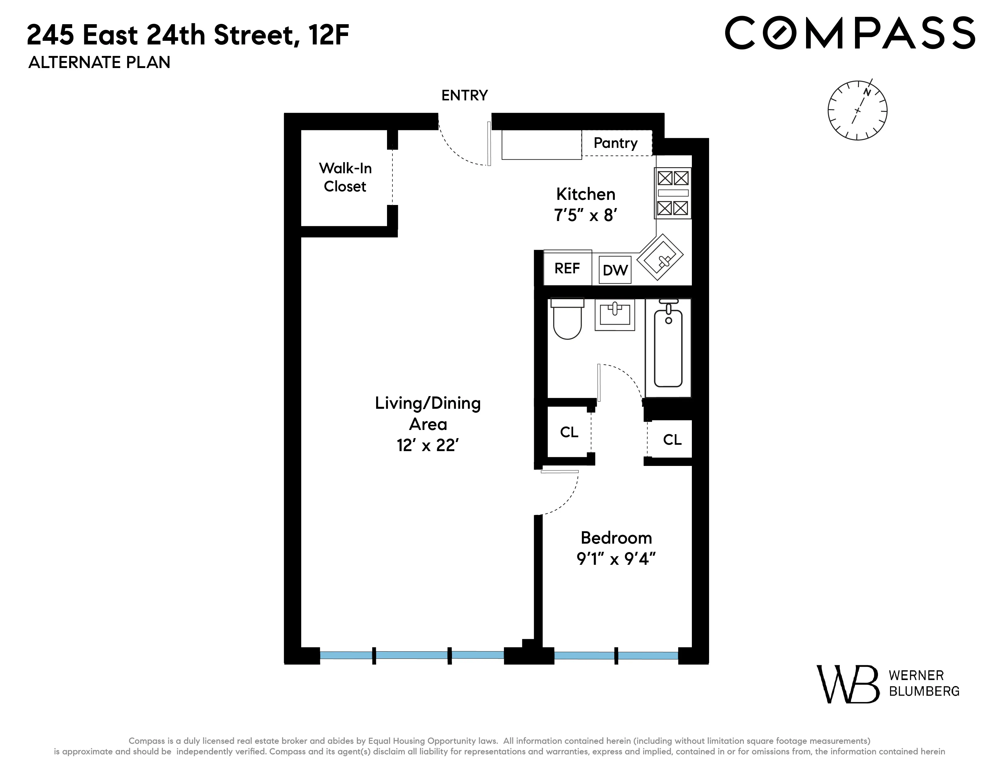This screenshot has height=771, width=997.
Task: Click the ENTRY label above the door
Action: [x=464, y=96]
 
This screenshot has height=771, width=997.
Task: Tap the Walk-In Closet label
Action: [x=345, y=177]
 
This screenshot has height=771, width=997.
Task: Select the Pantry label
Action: [x=615, y=143]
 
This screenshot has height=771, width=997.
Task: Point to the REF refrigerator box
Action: [x=567, y=268]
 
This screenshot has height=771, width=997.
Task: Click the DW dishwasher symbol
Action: [x=615, y=270]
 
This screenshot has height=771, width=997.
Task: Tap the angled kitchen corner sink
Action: [x=660, y=257]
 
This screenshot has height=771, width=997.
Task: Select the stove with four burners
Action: [x=673, y=193]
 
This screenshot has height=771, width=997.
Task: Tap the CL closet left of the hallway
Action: [x=569, y=432]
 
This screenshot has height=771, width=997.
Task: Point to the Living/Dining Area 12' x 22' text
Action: [x=428, y=424]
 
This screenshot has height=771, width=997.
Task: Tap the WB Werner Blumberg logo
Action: [x=887, y=684]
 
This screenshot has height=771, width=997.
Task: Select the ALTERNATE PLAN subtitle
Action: [x=99, y=62]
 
